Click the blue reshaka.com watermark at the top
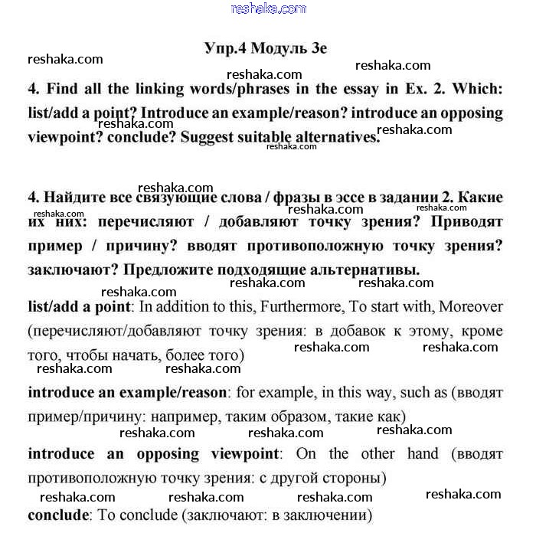(x=268, y=8)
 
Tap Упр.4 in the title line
(x=225, y=47)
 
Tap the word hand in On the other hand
(x=423, y=453)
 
